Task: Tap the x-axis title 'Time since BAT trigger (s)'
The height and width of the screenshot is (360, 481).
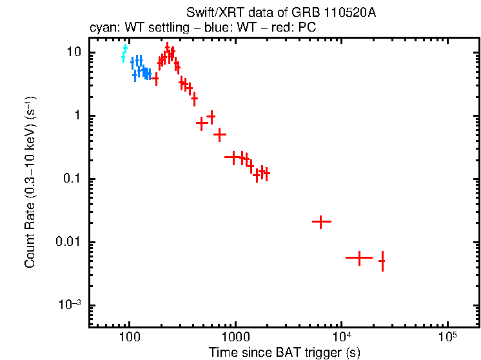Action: (x=284, y=352)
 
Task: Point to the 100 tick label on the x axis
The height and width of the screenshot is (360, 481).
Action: (x=130, y=337)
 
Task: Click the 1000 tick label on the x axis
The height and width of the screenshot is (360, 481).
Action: (x=236, y=337)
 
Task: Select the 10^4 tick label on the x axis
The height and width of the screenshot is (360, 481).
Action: (x=342, y=337)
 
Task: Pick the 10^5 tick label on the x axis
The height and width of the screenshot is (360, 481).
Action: (x=447, y=337)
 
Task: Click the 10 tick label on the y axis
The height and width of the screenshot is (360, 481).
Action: (x=72, y=52)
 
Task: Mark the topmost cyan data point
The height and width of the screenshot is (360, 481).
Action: (x=125, y=48)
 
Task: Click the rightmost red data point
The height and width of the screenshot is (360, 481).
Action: (x=382, y=261)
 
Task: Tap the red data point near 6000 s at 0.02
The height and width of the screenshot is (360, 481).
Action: (x=321, y=221)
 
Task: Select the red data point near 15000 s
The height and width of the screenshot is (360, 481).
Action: (x=359, y=257)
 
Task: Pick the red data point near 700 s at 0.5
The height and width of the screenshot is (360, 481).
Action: (x=220, y=134)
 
